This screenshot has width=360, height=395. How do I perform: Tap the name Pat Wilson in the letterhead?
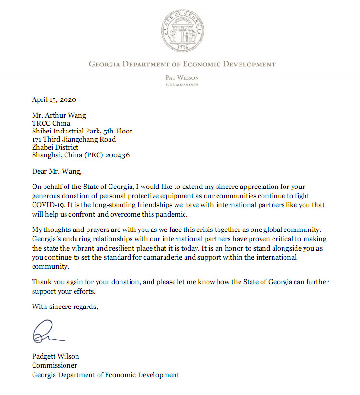click(182, 77)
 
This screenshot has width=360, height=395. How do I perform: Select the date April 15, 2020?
click(54, 100)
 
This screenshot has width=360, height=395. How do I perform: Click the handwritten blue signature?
click(46, 331)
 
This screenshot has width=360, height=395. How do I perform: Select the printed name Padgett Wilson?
click(55, 356)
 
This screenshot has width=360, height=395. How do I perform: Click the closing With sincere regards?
click(65, 307)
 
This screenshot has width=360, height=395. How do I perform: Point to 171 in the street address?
click(38, 139)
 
